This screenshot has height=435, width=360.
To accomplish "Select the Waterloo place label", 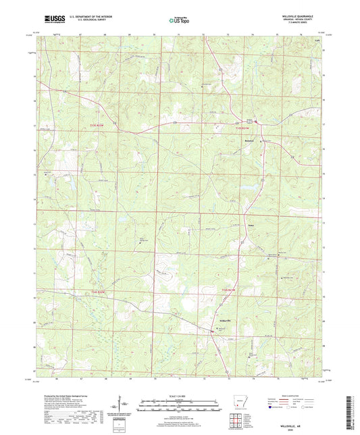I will pyautogui.click(x=252, y=220).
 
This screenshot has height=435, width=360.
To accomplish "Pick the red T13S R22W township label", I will pyautogui.click(x=98, y=125).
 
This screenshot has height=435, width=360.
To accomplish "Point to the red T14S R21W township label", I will pyautogui.click(x=228, y=290).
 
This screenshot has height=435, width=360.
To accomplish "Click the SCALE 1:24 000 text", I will pyautogui.click(x=180, y=395).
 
